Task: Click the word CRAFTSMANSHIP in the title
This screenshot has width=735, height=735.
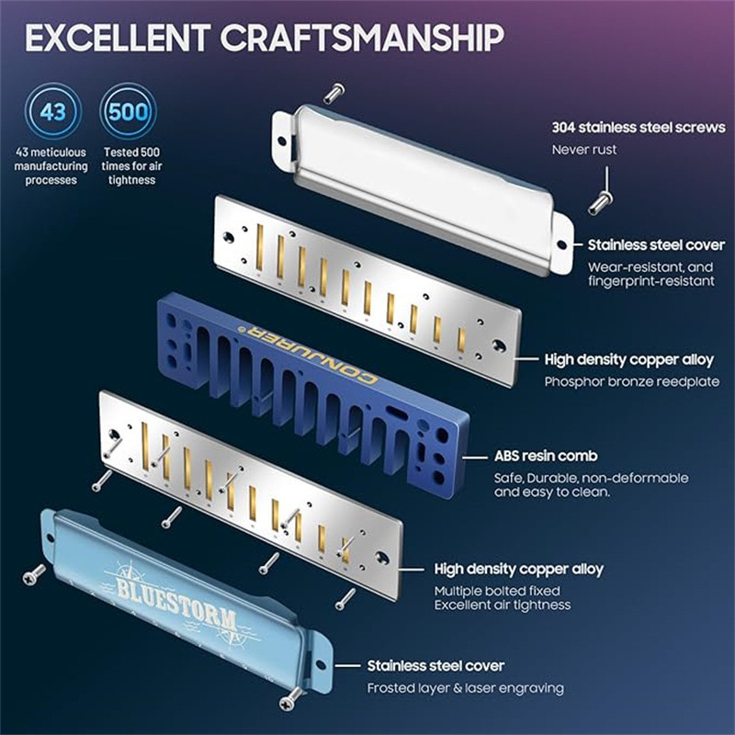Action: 362,38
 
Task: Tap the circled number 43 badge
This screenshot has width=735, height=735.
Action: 53,111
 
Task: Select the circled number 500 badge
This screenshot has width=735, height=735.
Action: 128,111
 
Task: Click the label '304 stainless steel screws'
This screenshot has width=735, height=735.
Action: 639,128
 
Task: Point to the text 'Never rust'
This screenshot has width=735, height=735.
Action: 584,150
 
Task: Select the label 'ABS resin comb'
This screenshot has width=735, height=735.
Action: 546,456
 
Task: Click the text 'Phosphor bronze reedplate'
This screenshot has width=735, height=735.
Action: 632,381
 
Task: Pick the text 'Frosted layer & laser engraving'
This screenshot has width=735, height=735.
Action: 466,688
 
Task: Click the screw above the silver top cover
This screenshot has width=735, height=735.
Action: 334,94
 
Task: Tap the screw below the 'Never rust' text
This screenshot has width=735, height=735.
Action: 600,204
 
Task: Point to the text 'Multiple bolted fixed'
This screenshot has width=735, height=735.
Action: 497,591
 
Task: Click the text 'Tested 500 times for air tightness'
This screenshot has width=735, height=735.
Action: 131,166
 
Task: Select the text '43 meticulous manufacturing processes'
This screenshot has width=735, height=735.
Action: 51,166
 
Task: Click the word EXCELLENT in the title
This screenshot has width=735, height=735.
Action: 118,38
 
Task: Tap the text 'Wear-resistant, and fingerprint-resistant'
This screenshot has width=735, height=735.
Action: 651,274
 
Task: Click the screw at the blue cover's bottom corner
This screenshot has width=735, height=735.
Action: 290,698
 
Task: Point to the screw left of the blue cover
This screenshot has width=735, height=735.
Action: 34,575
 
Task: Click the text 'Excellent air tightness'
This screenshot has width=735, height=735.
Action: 503,605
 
